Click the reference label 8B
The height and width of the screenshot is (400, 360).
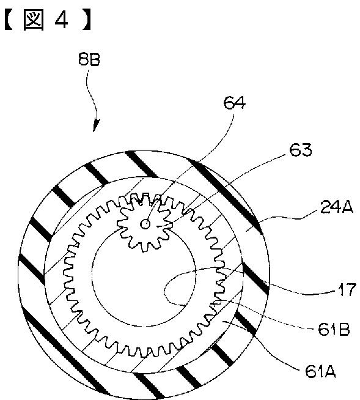click(x=89, y=60)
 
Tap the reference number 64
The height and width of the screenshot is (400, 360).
click(x=235, y=103)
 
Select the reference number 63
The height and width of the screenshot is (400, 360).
click(x=301, y=150)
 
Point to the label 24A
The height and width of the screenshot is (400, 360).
click(x=337, y=207)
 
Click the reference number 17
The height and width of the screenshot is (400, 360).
click(x=347, y=290)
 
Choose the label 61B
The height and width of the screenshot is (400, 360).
click(x=334, y=330)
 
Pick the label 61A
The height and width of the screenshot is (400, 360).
click(x=320, y=372)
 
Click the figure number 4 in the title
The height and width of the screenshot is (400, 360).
click(x=61, y=20)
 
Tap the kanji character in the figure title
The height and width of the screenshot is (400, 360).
click(x=34, y=20)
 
